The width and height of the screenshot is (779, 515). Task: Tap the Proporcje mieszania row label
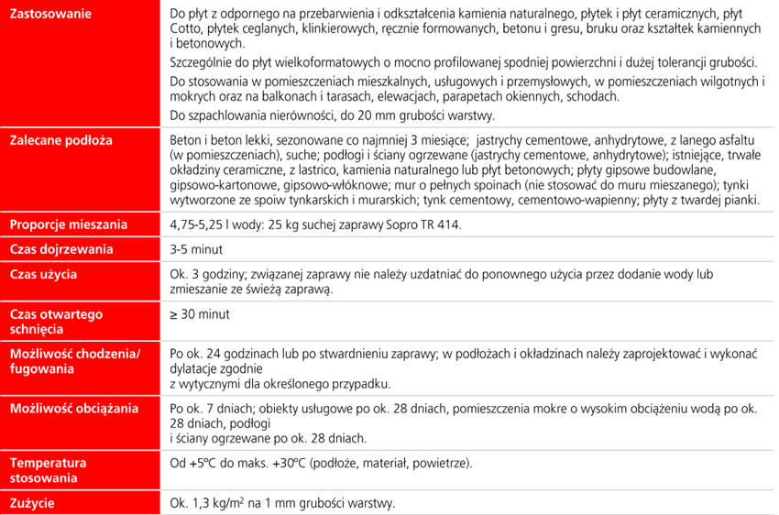[69, 225]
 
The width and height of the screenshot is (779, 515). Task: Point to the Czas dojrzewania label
[61, 249]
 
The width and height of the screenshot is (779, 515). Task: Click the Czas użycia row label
[43, 274]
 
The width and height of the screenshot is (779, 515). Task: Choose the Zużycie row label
[32, 503]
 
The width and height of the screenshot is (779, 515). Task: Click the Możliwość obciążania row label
[73, 407]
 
